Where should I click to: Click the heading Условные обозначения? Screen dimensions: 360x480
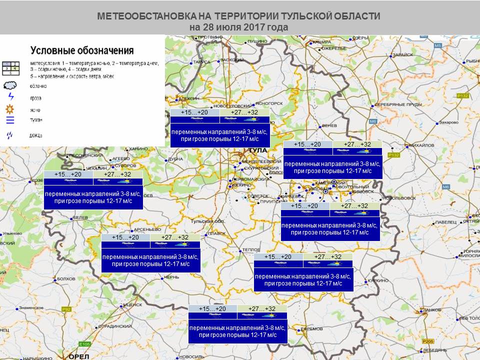82,50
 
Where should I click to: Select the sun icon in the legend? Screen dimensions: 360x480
10,109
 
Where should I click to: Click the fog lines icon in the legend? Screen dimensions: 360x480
10,120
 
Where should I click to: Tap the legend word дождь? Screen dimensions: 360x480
36,135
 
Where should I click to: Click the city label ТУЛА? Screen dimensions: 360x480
258,150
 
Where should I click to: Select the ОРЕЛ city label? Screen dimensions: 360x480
78,356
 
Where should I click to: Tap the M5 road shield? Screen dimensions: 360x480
438,45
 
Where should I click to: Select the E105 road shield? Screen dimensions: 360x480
84,344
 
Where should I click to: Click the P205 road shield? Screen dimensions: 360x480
427,341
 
